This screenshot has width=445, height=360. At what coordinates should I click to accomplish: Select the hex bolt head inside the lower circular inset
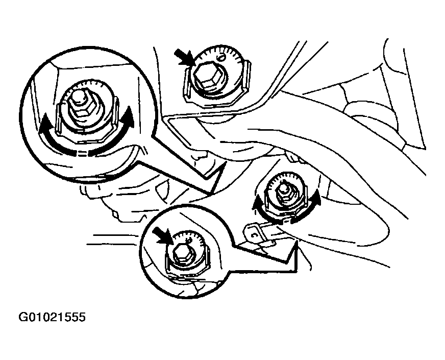181,252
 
